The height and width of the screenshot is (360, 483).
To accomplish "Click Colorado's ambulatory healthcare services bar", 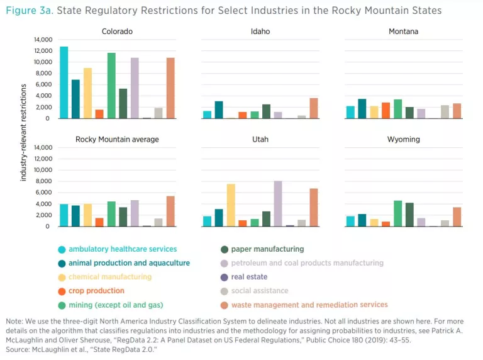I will [x=64, y=82].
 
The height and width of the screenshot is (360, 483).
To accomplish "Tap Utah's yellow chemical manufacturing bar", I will [x=231, y=205].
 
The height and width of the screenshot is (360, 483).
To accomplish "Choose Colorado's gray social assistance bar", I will [x=158, y=113].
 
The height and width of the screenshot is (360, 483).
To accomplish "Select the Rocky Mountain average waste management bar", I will [x=170, y=211].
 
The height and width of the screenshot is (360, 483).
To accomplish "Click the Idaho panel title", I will [x=260, y=31].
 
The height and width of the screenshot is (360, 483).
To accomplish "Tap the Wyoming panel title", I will [x=403, y=139].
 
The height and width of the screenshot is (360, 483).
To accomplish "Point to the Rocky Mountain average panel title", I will [x=117, y=139].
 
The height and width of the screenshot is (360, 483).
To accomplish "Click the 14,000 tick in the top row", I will [x=42, y=40].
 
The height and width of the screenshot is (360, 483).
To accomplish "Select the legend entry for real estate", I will [x=249, y=277].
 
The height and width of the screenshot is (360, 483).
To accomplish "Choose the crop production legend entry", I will [x=96, y=291].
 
